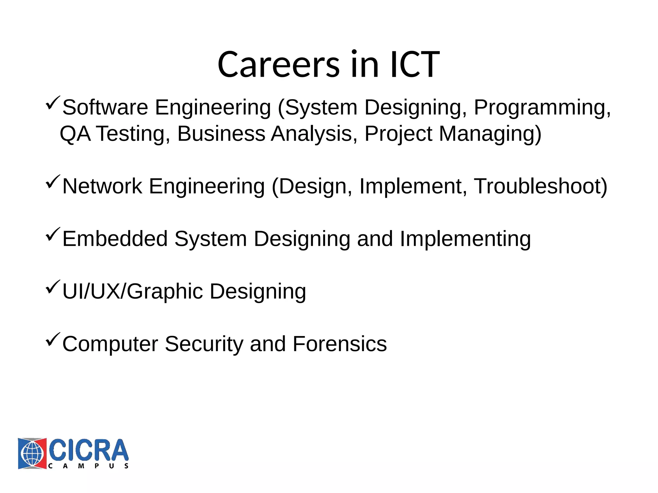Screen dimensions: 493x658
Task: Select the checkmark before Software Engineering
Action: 53,103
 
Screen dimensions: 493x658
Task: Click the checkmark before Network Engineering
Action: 53,182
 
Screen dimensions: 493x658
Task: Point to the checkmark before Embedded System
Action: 53,234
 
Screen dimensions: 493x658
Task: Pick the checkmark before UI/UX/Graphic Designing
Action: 53,287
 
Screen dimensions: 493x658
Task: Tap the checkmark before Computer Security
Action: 53,340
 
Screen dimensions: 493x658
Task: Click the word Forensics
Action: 340,344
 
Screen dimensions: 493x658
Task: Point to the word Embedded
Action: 115,239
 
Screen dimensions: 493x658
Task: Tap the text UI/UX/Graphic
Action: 132,292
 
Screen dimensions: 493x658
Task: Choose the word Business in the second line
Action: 221,134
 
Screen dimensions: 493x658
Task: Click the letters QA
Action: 75,134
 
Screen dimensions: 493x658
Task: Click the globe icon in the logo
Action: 32,453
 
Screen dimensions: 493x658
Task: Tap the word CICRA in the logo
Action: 88,450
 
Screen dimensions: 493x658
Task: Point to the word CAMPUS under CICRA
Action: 88,466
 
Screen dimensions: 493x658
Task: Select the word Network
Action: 102,186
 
